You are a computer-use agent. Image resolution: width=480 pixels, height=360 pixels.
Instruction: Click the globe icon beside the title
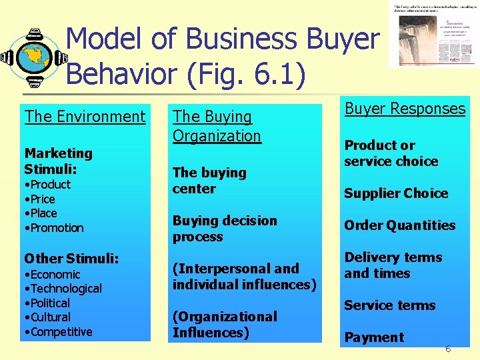(33, 58)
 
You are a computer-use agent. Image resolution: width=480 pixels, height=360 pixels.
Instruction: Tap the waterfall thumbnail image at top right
(433, 35)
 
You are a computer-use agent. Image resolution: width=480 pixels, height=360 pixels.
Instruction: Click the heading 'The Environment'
(85, 117)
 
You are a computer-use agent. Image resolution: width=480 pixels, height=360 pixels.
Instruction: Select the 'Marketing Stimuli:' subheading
(58, 161)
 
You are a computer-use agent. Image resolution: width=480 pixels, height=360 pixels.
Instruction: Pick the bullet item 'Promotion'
(55, 228)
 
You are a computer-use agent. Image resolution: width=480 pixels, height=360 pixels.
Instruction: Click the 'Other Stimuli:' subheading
(62, 258)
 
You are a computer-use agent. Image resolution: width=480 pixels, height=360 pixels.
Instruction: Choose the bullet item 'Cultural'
(49, 317)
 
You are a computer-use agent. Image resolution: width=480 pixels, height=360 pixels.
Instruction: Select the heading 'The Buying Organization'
(217, 126)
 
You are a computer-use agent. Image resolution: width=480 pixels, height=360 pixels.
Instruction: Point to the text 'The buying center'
(209, 181)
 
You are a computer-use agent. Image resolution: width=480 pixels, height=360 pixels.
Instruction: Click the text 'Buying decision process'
(225, 229)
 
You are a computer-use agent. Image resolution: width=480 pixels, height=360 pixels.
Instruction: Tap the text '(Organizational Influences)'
(225, 325)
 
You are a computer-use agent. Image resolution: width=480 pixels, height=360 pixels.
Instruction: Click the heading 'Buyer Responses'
(405, 109)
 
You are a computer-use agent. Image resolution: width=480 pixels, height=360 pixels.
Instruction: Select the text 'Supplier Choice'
(396, 193)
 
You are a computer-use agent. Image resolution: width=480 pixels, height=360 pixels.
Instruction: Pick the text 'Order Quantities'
(399, 225)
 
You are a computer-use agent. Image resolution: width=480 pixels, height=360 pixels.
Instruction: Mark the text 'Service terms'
(389, 305)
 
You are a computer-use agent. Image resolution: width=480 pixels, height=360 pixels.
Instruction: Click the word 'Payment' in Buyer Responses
(373, 337)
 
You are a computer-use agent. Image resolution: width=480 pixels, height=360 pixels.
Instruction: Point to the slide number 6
(448, 349)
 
